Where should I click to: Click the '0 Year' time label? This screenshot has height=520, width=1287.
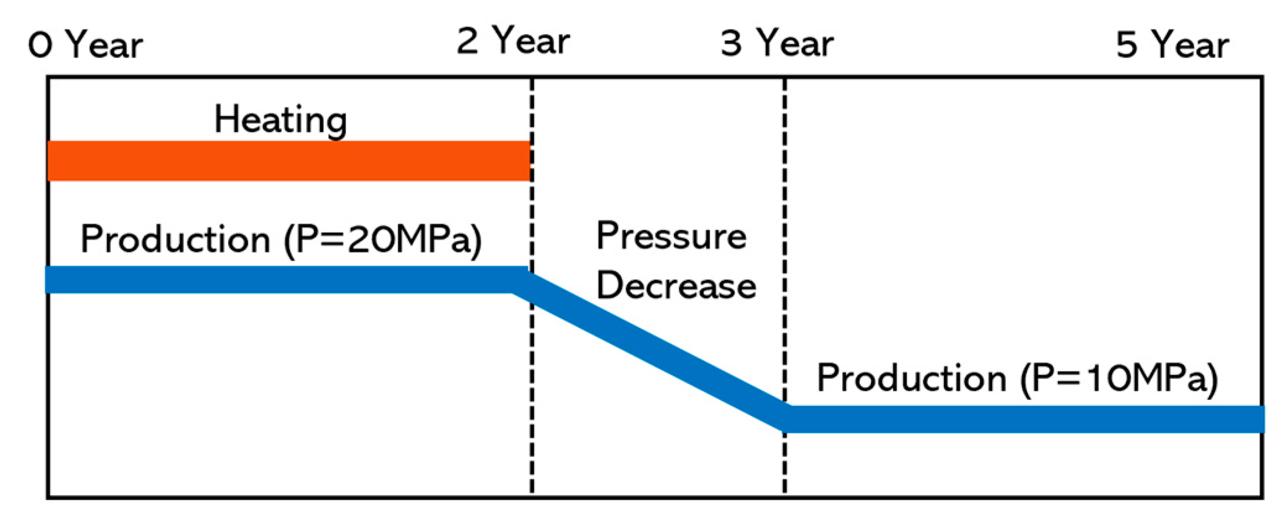click(85, 45)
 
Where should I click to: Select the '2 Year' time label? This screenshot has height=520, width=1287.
click(513, 41)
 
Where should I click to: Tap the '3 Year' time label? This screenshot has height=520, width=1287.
click(777, 43)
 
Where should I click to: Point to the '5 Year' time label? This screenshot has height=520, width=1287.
click(1172, 45)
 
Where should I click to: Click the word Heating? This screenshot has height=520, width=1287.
click(280, 119)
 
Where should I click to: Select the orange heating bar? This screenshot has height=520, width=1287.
click(288, 161)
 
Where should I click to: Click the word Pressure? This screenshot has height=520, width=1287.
click(671, 236)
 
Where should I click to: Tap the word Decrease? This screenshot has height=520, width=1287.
click(676, 286)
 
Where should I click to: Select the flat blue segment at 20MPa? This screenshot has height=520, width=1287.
click(279, 280)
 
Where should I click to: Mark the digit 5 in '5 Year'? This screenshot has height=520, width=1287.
click(1127, 45)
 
